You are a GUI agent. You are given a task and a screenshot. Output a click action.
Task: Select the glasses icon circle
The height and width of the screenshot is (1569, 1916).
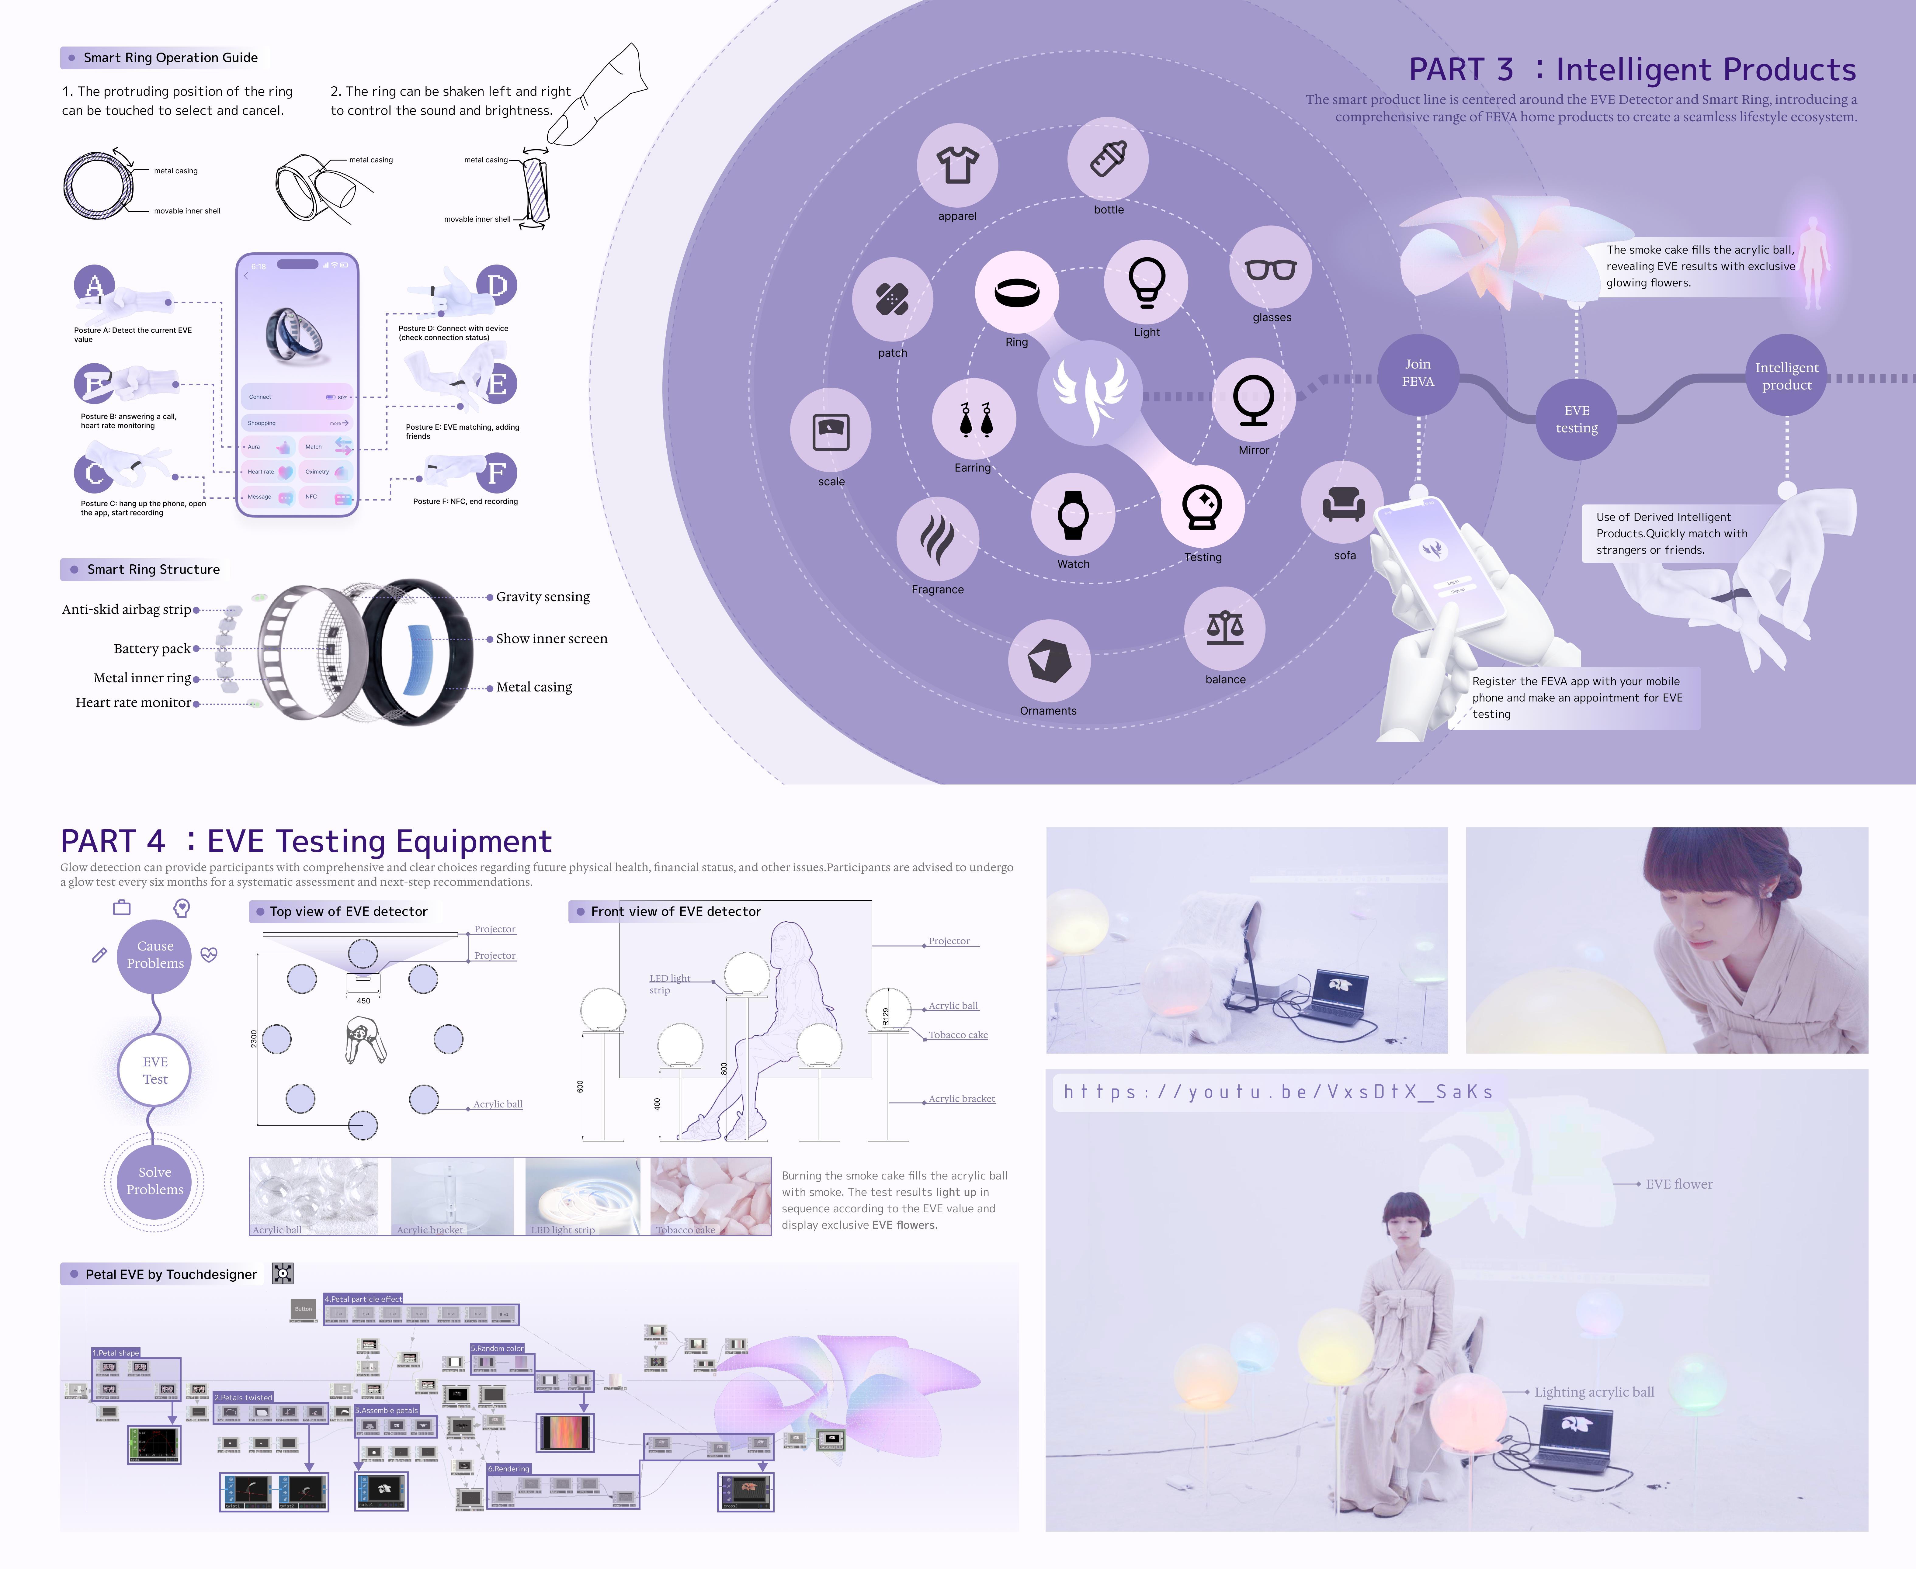pos(1271,268)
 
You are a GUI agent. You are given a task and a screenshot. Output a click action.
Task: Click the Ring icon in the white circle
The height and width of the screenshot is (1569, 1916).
pos(1017,292)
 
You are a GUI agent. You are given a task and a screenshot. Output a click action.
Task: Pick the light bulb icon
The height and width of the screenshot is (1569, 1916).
pos(1146,281)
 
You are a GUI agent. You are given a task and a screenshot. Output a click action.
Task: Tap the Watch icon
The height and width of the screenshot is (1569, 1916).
pos(1073,515)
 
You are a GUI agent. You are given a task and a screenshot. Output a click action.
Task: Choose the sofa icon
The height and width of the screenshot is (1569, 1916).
pos(1343,504)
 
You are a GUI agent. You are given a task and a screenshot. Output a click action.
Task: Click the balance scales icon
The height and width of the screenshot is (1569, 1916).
pos(1225,627)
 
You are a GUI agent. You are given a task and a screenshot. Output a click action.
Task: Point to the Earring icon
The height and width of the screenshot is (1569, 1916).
pos(974,419)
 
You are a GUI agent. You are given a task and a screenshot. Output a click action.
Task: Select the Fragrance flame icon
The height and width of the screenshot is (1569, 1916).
pos(937,539)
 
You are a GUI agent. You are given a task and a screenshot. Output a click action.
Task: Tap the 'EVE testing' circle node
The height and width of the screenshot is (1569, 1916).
pos(1576,419)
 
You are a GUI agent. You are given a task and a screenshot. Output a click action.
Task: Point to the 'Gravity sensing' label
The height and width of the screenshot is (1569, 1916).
pos(542,597)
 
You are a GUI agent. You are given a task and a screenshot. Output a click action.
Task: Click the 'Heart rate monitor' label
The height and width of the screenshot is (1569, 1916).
pos(133,702)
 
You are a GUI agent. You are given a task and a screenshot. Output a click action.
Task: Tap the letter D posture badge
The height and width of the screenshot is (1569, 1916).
pos(496,286)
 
